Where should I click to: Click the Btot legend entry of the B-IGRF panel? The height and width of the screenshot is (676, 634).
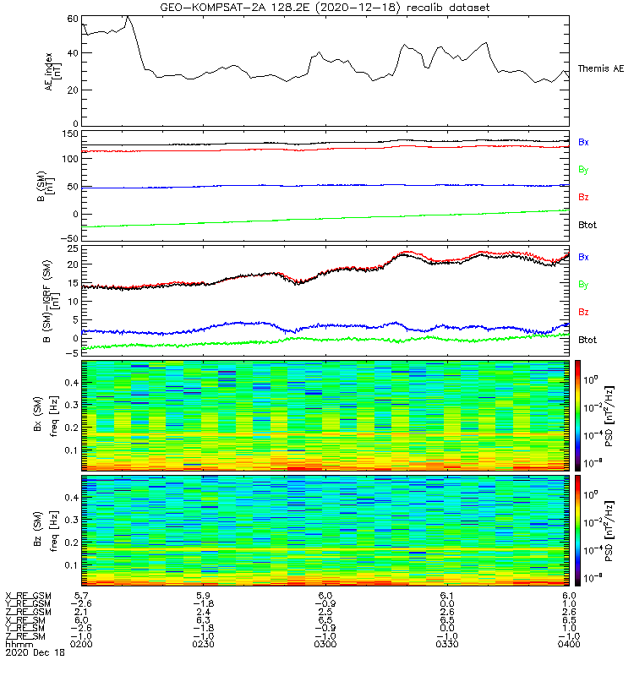click(x=587, y=340)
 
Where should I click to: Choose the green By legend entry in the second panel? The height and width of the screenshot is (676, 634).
click(x=582, y=170)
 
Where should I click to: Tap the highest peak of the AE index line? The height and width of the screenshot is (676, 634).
click(x=127, y=16)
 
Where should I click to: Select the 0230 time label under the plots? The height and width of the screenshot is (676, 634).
click(x=205, y=644)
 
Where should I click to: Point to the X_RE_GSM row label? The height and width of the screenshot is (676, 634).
click(x=28, y=597)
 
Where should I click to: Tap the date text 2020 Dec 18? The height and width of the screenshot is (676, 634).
click(x=35, y=653)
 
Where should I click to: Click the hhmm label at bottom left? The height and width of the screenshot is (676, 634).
click(x=16, y=644)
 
